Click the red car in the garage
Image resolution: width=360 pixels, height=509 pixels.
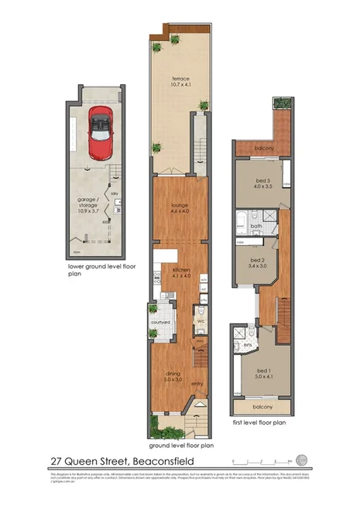[x=101, y=132]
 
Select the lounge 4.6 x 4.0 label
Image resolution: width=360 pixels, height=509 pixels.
[x=180, y=208]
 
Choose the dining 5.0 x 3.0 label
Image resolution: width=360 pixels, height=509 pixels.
[x=172, y=377]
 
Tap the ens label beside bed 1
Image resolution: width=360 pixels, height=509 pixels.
[x=249, y=344]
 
